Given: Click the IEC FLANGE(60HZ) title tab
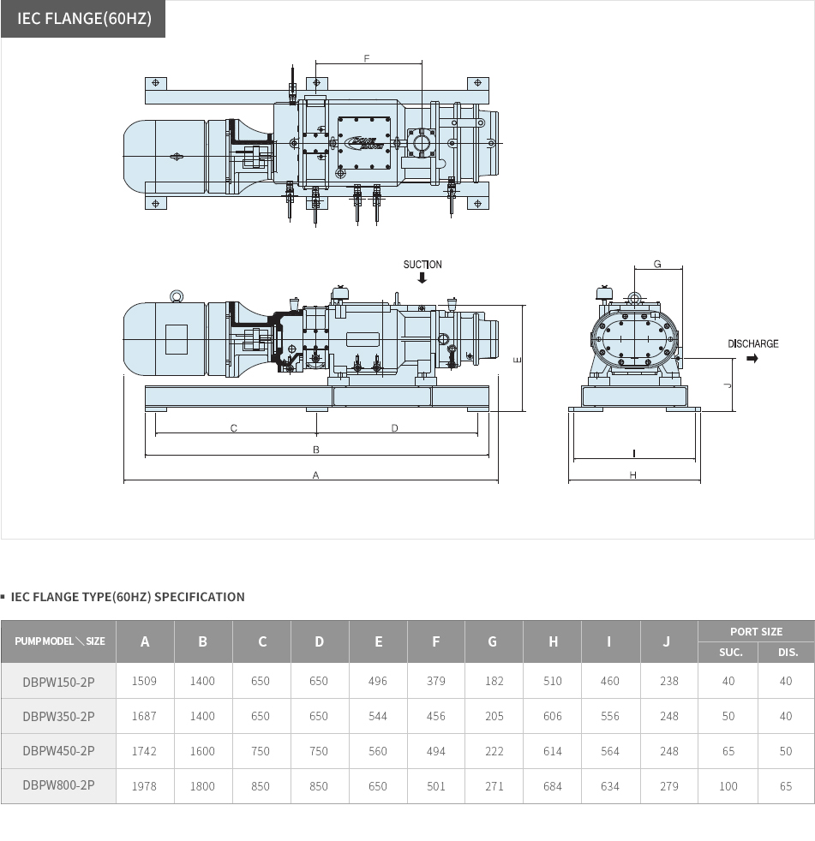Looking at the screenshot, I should pyautogui.click(x=83, y=19).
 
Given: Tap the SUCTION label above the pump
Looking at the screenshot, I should pyautogui.click(x=422, y=265).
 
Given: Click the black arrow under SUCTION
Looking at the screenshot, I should pyautogui.click(x=422, y=277).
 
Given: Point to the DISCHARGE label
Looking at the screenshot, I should pyautogui.click(x=753, y=343).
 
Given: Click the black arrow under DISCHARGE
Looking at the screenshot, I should pyautogui.click(x=752, y=358).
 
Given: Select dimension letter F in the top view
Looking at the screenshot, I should pyautogui.click(x=367, y=59).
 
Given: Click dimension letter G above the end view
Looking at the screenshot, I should pyautogui.click(x=657, y=264).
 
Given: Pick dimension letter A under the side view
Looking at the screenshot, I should pyautogui.click(x=315, y=474).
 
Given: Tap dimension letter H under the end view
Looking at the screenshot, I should pyautogui.click(x=633, y=474).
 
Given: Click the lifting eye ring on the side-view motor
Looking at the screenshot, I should pyautogui.click(x=177, y=296).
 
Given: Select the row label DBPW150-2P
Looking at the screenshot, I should pyautogui.click(x=58, y=681).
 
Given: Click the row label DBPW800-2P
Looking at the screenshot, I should pyautogui.click(x=58, y=785).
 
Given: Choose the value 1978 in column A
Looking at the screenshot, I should pyautogui.click(x=145, y=786).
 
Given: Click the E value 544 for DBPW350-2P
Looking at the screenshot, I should pyautogui.click(x=378, y=716).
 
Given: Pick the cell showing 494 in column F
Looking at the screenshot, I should pyautogui.click(x=436, y=751).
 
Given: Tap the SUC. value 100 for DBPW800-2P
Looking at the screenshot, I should pyautogui.click(x=728, y=786).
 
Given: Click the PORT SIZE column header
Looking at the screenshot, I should pyautogui.click(x=756, y=631).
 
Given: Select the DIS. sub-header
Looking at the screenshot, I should pyautogui.click(x=786, y=652).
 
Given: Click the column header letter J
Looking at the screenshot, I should pyautogui.click(x=668, y=641).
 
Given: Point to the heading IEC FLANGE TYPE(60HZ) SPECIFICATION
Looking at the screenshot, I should pyautogui.click(x=128, y=597).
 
